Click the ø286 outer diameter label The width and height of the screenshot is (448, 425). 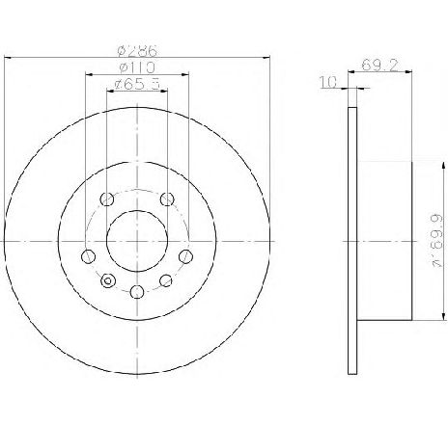137,51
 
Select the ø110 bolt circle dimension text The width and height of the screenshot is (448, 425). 137,67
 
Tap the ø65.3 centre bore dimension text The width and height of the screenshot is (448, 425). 137,85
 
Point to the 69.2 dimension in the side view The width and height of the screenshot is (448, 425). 379,65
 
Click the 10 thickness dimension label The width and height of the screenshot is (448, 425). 328,82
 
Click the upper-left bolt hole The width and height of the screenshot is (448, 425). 107,199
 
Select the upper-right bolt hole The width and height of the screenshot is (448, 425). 167,199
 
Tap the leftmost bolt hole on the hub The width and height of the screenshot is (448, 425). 88,256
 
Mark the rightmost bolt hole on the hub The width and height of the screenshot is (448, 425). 185,256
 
